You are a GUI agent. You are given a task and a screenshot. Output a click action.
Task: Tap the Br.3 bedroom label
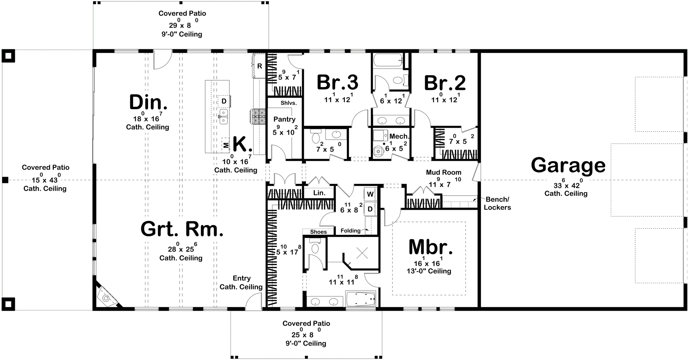point(337,83)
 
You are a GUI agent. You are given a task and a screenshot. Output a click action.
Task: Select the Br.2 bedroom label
point(445,83)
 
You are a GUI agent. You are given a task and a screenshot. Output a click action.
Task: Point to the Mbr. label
point(430,247)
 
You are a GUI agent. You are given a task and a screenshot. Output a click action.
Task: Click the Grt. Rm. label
point(182,229)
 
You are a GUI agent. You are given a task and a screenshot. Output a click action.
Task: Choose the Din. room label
point(148,102)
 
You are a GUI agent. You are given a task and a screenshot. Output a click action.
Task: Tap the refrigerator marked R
point(260,66)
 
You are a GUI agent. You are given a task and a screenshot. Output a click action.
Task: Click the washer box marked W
point(370,194)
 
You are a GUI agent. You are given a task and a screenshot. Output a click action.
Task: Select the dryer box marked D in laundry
point(370,209)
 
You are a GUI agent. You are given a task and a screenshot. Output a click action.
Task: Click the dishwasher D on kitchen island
point(224,101)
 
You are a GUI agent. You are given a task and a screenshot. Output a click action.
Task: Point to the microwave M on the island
point(226,145)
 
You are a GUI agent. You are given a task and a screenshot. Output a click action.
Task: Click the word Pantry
point(284,119)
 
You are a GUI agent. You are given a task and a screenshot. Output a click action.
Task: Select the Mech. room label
point(399,136)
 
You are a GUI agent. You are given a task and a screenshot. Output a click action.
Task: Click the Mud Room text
point(443,172)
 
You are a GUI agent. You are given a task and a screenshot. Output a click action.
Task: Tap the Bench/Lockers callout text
point(497,203)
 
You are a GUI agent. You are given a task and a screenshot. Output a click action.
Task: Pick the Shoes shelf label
point(318,232)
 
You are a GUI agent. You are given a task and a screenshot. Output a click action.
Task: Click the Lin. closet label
point(319,193)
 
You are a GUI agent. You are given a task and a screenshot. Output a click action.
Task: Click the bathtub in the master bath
point(360,299)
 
